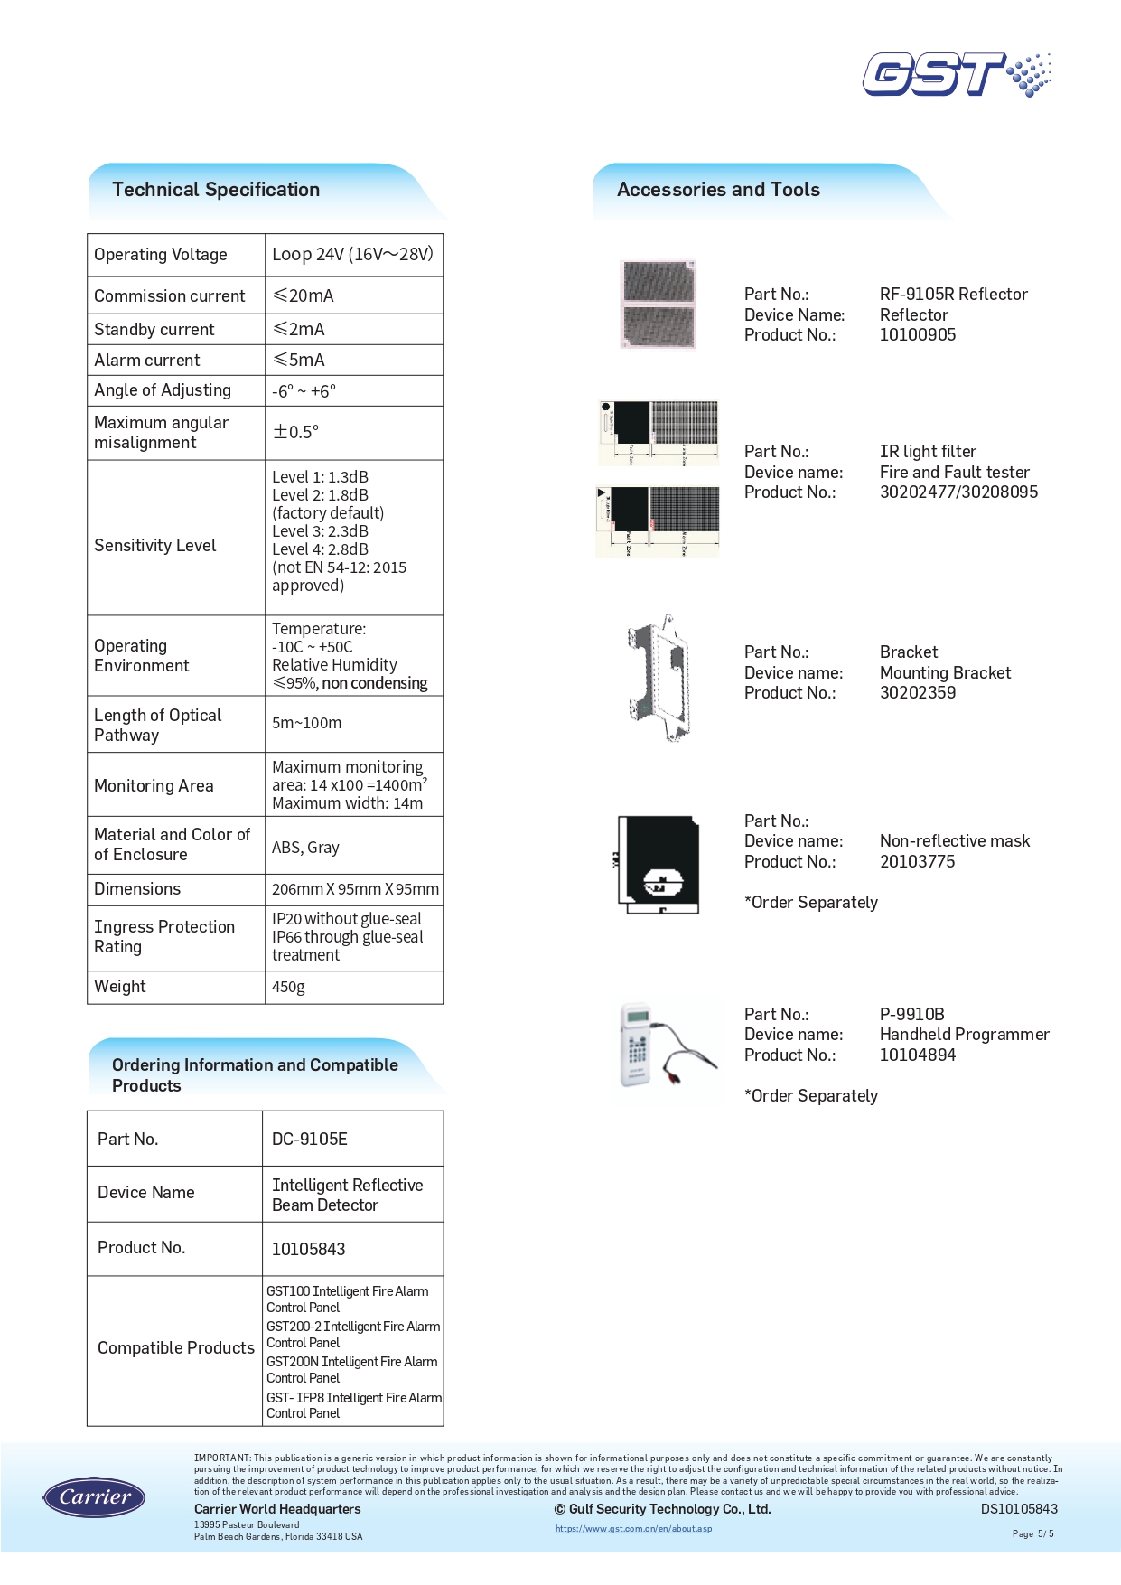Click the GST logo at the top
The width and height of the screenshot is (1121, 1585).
[956, 74]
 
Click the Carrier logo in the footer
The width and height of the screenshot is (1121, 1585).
[94, 1497]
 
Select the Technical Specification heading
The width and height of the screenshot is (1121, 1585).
[216, 190]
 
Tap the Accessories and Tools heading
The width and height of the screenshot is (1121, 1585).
[718, 190]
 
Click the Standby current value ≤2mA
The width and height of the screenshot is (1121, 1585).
[299, 329]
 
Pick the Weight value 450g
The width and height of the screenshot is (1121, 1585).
[288, 987]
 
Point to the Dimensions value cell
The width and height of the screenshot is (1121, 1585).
[355, 889]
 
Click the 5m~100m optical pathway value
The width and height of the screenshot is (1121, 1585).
[306, 723]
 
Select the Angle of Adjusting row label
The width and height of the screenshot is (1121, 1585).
[163, 390]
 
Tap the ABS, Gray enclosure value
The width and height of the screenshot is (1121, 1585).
[305, 848]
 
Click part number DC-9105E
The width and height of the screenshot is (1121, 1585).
[310, 1139]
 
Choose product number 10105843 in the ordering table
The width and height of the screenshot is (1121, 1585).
[309, 1249]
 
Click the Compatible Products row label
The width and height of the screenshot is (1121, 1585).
[176, 1348]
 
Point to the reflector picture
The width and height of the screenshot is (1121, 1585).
[659, 305]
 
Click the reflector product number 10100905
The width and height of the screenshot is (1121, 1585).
[918, 335]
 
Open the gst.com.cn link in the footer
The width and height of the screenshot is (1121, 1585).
[633, 1529]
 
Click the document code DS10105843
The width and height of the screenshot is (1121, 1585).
[1019, 1509]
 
